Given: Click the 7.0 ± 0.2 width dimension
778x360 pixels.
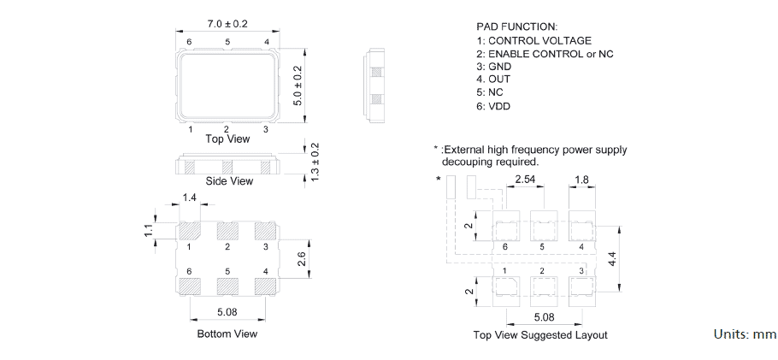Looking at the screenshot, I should pyautogui.click(x=227, y=24).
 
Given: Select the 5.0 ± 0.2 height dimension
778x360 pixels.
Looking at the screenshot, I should pyautogui.click(x=298, y=86).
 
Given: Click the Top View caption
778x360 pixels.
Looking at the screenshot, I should pyautogui.click(x=227, y=139).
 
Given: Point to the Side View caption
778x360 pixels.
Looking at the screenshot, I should pyautogui.click(x=229, y=181).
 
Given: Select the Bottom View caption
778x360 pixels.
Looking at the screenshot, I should pyautogui.click(x=227, y=333).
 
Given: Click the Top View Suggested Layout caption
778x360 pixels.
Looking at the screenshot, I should pyautogui.click(x=540, y=335).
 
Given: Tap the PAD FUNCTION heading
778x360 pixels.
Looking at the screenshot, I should pyautogui.click(x=516, y=27).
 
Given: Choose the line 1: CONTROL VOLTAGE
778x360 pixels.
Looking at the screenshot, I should pyautogui.click(x=533, y=40).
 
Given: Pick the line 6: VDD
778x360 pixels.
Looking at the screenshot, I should pyautogui.click(x=495, y=107).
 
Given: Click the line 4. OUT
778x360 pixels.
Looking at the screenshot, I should pyautogui.click(x=493, y=80).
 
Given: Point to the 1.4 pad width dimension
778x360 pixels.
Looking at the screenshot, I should pyautogui.click(x=190, y=198).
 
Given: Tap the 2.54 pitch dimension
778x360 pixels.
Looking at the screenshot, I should pyautogui.click(x=526, y=180).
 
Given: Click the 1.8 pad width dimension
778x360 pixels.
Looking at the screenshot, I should pyautogui.click(x=581, y=180).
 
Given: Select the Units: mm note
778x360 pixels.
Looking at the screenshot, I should pyautogui.click(x=744, y=333).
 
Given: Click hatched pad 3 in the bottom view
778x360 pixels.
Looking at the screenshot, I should pyautogui.click(x=266, y=231).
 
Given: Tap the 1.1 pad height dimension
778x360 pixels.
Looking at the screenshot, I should pyautogui.click(x=148, y=230).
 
